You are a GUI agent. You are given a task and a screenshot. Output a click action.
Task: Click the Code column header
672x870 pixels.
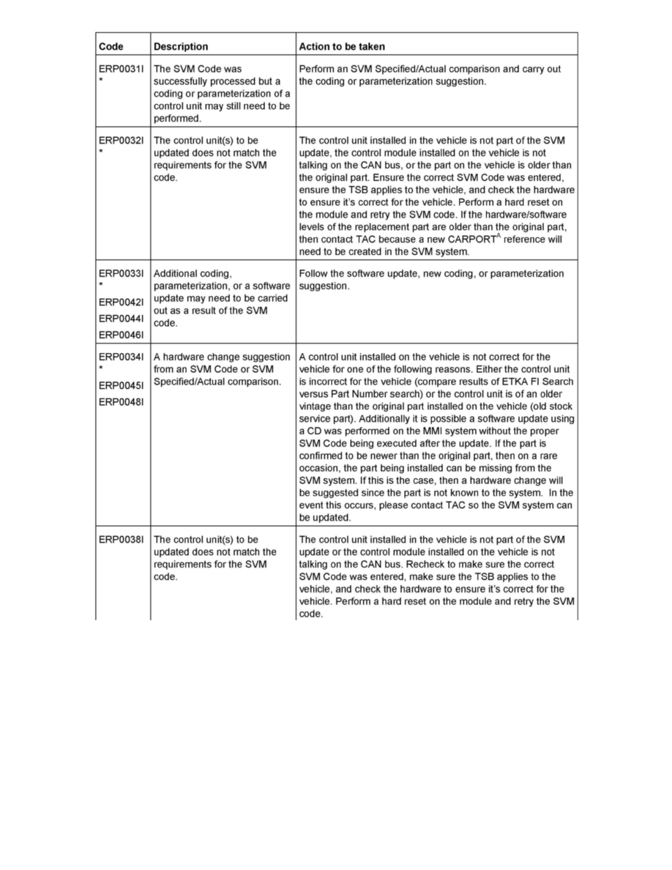click(111, 47)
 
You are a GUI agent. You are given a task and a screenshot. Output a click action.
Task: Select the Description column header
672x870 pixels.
click(181, 47)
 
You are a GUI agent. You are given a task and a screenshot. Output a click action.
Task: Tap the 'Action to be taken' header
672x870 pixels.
click(342, 47)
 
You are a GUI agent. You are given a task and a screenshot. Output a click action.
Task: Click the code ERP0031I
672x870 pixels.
click(122, 69)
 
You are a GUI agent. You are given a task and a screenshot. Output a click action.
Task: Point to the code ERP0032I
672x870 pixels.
click(122, 140)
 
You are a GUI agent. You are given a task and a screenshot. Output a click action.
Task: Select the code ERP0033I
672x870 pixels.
click(122, 273)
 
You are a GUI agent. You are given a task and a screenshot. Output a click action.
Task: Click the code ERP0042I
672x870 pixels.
click(122, 302)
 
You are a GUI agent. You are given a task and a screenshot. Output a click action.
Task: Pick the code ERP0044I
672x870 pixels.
click(122, 319)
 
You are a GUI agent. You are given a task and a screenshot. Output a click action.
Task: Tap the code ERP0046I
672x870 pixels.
click(122, 335)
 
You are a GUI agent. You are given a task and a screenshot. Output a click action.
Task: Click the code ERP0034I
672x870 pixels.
click(122, 357)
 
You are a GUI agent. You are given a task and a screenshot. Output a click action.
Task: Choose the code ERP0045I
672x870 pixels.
click(122, 385)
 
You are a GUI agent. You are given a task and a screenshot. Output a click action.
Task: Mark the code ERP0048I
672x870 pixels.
click(122, 402)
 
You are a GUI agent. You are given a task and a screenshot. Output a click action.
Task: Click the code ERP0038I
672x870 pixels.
click(122, 540)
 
